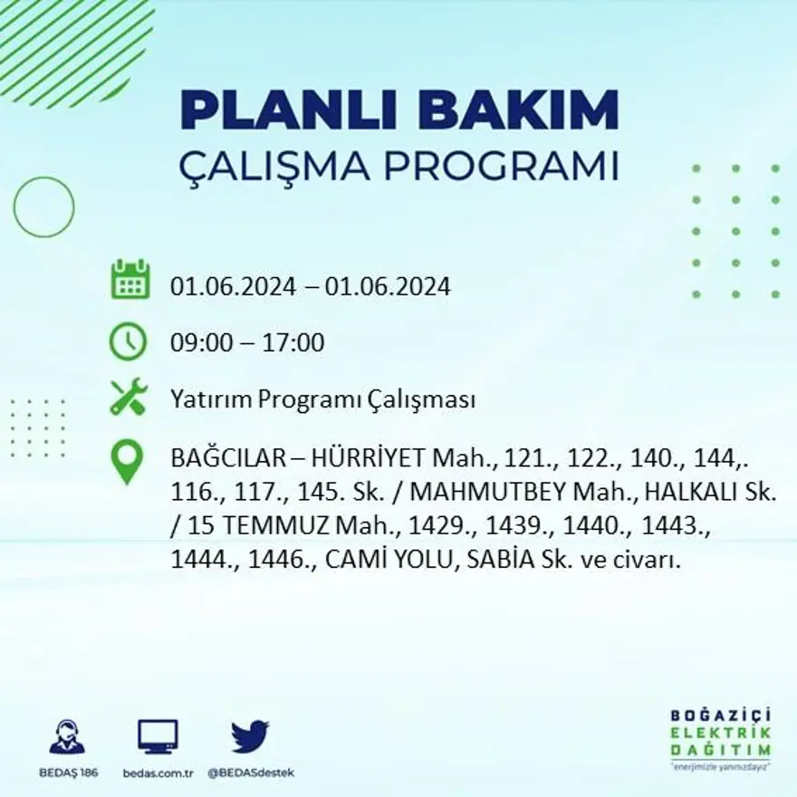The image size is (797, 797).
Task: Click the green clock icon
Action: coord(128,342)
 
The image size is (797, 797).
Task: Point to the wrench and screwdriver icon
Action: coord(129,398)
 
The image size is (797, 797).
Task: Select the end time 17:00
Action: coord(293,344)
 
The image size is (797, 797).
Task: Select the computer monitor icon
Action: coord(158,735)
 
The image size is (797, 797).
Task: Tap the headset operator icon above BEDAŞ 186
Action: coord(67,736)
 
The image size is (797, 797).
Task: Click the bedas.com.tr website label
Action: coord(158,773)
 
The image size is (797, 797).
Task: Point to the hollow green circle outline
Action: coord(43,207)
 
